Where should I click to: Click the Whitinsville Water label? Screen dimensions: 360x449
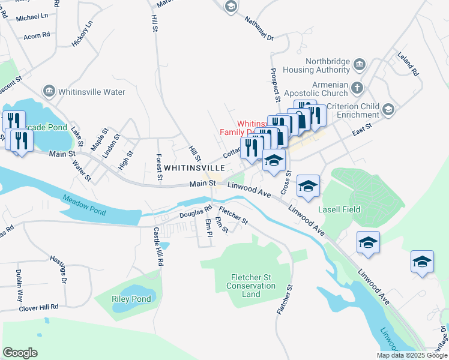91,92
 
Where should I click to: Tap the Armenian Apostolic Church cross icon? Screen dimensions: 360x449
357,88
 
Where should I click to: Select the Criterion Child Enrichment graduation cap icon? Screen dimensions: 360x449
388,109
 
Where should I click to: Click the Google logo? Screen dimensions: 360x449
20,353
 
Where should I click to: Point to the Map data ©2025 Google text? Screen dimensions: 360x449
411,355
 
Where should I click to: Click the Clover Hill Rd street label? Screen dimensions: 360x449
38,307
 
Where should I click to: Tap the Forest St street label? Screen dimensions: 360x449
159,167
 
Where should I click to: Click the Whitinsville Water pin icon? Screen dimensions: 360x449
49,92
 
